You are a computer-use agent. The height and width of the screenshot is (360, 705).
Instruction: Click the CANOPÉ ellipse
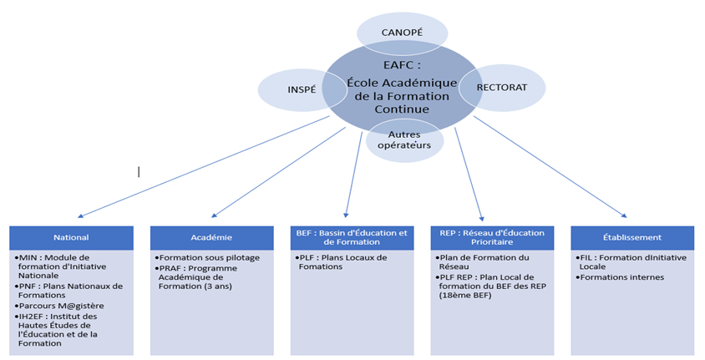(x=402, y=32)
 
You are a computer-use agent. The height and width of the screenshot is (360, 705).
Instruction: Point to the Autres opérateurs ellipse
(x=403, y=139)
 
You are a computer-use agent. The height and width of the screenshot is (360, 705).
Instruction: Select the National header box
(x=71, y=237)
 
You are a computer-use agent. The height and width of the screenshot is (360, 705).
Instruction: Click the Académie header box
(x=211, y=237)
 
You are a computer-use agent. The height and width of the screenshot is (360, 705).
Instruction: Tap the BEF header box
(x=352, y=237)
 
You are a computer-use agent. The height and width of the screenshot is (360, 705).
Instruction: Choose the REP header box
(x=492, y=237)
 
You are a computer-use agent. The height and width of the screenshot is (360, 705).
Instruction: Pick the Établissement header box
(x=632, y=237)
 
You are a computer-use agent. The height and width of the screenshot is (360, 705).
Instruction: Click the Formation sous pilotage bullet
(x=209, y=257)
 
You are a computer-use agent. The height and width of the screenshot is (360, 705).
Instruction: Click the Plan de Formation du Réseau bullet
(x=484, y=261)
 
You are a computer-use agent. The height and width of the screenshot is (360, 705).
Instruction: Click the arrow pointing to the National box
(x=200, y=167)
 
